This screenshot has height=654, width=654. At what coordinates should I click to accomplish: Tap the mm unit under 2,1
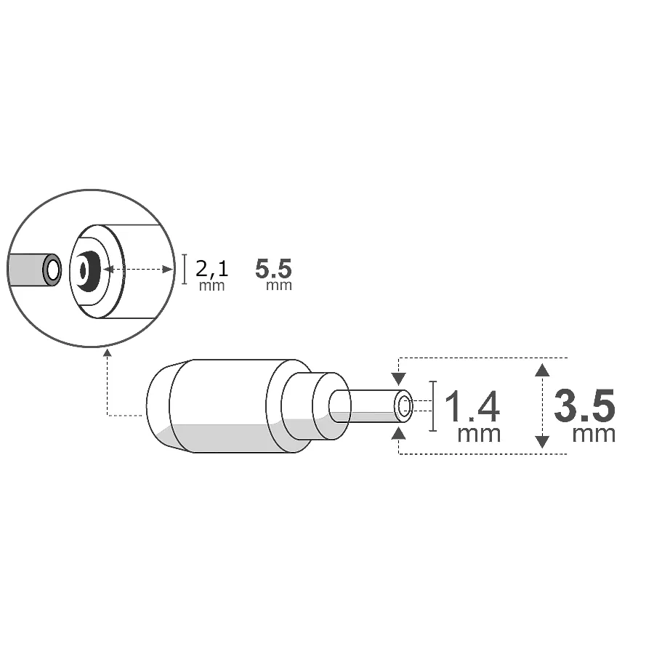[x=212, y=286]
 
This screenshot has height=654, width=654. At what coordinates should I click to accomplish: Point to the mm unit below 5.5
[x=279, y=286]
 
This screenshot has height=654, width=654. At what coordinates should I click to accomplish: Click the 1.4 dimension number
[x=471, y=406]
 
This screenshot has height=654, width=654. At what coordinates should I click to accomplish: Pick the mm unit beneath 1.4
[x=479, y=434]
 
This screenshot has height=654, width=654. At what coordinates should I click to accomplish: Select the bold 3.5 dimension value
[x=584, y=406]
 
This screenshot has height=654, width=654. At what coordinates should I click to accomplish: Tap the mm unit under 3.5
[x=594, y=434]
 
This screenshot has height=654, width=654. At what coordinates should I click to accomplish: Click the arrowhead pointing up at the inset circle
[x=108, y=353]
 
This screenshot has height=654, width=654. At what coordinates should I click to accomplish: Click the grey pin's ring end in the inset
[x=52, y=270]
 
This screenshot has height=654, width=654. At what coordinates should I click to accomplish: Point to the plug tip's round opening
[x=405, y=407]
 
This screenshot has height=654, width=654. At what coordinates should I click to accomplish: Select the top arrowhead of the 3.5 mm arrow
[x=541, y=369]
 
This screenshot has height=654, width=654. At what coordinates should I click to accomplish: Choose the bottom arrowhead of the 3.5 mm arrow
[x=541, y=442]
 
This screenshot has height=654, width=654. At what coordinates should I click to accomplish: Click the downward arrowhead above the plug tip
[x=398, y=379]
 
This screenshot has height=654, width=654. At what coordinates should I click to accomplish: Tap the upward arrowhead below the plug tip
[x=398, y=434]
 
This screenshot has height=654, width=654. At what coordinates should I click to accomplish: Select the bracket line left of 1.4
[x=433, y=406]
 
